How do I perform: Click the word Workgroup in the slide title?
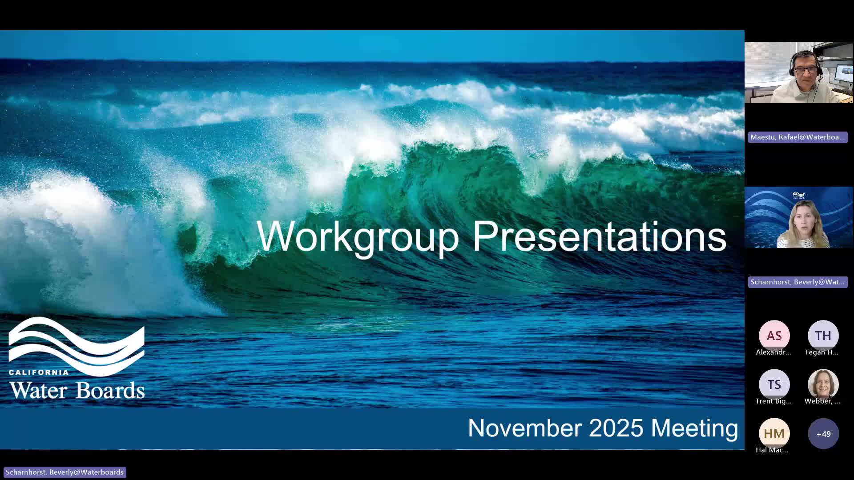point(358,236)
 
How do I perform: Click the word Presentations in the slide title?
point(599,236)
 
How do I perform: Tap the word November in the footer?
point(525,428)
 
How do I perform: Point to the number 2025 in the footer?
point(616,428)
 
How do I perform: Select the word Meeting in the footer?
point(694,428)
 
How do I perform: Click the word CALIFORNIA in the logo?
point(39,372)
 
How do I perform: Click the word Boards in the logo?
point(110,390)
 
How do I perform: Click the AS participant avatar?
point(774,336)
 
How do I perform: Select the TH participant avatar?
point(823,336)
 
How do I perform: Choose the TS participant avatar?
point(774,384)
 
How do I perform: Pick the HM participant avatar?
point(774,433)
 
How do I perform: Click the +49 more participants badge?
point(823,433)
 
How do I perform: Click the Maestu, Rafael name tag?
point(798,137)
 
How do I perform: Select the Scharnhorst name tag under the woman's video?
point(798,282)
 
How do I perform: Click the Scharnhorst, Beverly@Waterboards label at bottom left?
point(65,472)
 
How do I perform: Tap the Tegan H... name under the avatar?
point(822,352)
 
